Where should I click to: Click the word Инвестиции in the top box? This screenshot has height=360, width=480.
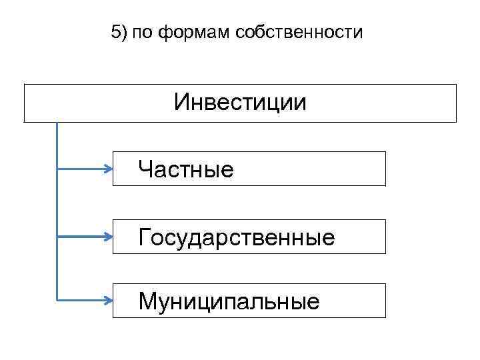[x=240, y=103]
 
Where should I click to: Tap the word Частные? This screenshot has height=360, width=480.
[x=186, y=169]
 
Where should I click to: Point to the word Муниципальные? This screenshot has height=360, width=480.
[x=229, y=301]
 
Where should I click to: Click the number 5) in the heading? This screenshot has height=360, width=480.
[x=119, y=32]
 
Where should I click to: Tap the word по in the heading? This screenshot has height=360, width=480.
[x=142, y=32]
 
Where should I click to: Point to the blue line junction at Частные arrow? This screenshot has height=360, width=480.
[x=57, y=169]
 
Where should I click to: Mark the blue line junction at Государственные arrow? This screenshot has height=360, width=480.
[x=57, y=236]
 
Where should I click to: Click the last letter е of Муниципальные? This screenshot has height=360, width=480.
[x=314, y=303]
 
